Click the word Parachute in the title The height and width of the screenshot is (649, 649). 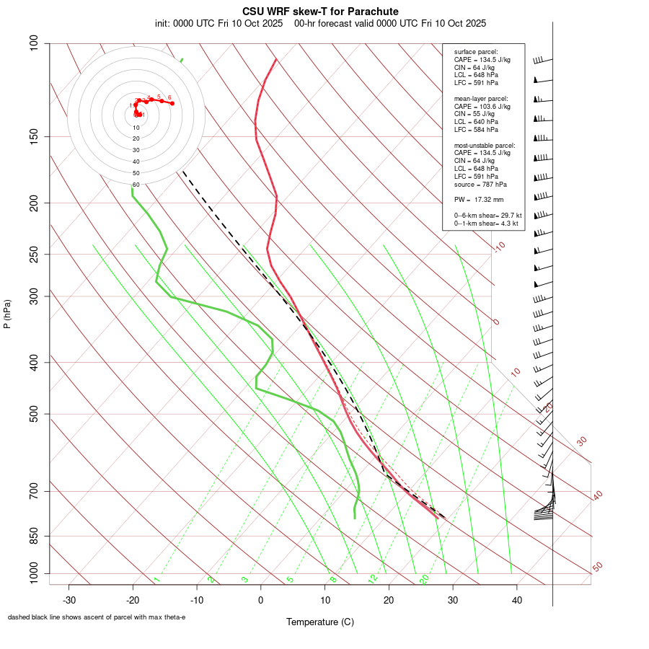pyautogui.click(x=372, y=12)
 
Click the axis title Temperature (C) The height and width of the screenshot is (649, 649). pyautogui.click(x=320, y=622)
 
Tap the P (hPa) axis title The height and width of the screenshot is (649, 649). pyautogui.click(x=7, y=314)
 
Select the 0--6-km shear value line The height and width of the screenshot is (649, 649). pyautogui.click(x=487, y=215)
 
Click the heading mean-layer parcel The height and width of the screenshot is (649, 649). pyautogui.click(x=481, y=98)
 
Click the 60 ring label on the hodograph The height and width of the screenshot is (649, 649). pyautogui.click(x=136, y=185)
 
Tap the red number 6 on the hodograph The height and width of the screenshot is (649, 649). pyautogui.click(x=169, y=97)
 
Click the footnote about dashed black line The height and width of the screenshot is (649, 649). pyautogui.click(x=97, y=617)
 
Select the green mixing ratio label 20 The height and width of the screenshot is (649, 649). pyautogui.click(x=424, y=578)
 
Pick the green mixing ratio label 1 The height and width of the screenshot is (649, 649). pyautogui.click(x=156, y=579)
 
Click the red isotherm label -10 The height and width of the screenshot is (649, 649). pyautogui.click(x=499, y=247)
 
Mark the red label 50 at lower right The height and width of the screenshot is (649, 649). pyautogui.click(x=597, y=568)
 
